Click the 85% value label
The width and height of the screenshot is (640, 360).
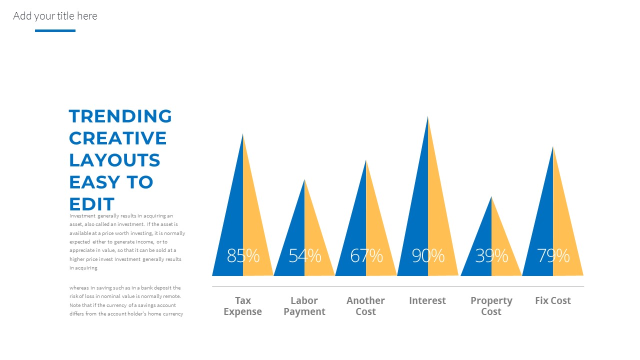pyautogui.click(x=243, y=255)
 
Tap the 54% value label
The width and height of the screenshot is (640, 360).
pyautogui.click(x=304, y=255)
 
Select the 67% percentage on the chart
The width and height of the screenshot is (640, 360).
pyautogui.click(x=366, y=255)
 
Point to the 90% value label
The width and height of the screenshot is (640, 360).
pyautogui.click(x=428, y=255)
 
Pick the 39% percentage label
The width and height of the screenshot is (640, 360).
pyautogui.click(x=491, y=255)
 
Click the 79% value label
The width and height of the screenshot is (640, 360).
pyautogui.click(x=553, y=255)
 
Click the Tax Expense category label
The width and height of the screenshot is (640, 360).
pyautogui.click(x=243, y=306)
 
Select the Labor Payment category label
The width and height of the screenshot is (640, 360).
pyautogui.click(x=304, y=306)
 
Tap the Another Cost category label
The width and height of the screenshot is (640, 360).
pyautogui.click(x=365, y=306)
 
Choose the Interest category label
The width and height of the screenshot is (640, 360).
pyautogui.click(x=427, y=300)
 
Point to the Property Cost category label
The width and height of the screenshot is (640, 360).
pyautogui.click(x=491, y=306)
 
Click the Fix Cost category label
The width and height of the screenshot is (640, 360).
pyautogui.click(x=553, y=300)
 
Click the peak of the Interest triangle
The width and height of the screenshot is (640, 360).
pyautogui.click(x=427, y=117)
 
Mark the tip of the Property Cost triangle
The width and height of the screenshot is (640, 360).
pyautogui.click(x=491, y=197)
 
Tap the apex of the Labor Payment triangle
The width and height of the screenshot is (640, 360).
pyautogui.click(x=304, y=180)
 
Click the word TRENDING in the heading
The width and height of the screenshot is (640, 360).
pyautogui.click(x=120, y=116)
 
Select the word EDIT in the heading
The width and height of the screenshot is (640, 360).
pyautogui.click(x=92, y=204)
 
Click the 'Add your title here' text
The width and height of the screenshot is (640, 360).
pyautogui.click(x=55, y=16)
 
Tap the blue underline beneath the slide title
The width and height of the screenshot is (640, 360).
pyautogui.click(x=55, y=31)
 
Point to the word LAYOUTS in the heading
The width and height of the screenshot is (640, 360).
pyautogui.click(x=114, y=160)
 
